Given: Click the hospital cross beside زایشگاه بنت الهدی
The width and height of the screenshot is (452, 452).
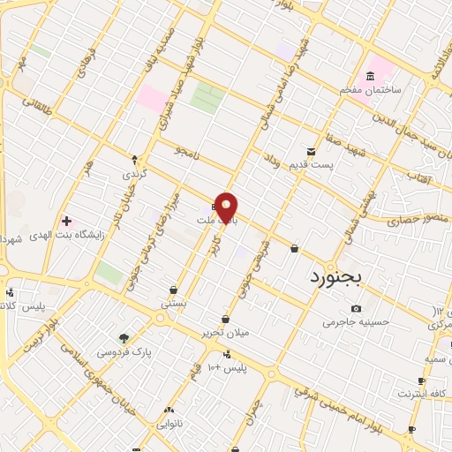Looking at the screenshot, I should (66, 219).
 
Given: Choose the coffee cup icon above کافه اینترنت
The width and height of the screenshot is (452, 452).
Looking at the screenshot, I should (421, 381).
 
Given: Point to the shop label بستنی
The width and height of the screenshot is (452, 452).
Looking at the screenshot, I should (173, 303).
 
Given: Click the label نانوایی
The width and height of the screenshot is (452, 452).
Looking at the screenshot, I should (169, 424).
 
